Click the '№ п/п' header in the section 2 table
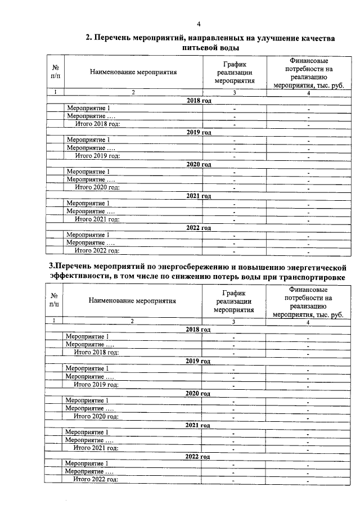pyautogui.click(x=54, y=71)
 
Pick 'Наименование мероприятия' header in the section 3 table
pyautogui.click(x=132, y=300)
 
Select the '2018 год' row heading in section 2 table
pyautogui.click(x=199, y=100)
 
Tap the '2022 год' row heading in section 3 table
pyautogui.click(x=198, y=456)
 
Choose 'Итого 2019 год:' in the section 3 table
pyautogui.click(x=96, y=385)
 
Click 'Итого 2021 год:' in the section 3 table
pyautogui.click(x=96, y=448)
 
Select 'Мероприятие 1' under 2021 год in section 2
pyautogui.click(x=88, y=203)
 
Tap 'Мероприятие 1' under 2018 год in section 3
pyautogui.click(x=87, y=336)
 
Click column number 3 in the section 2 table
pyautogui.click(x=234, y=92)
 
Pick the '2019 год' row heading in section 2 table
pyautogui.click(x=199, y=132)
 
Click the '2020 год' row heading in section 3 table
pyautogui.click(x=198, y=393)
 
